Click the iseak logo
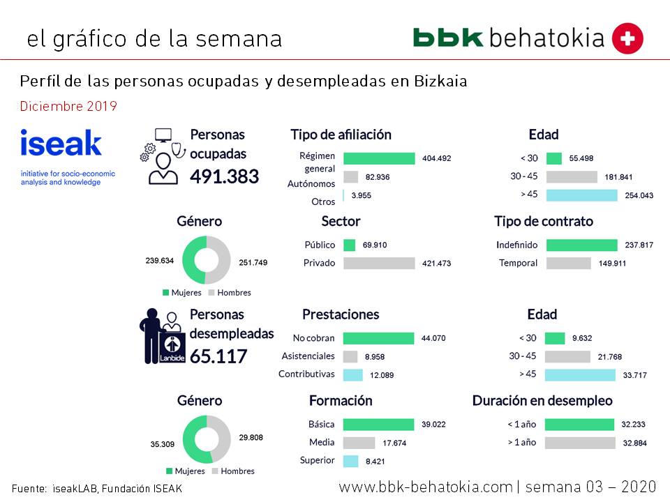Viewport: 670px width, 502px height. click(61, 143)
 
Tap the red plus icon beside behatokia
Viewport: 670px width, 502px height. click(627, 38)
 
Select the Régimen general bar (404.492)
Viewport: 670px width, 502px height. click(379, 158)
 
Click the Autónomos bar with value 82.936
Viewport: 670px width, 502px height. click(351, 177)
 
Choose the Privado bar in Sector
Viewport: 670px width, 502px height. click(379, 263)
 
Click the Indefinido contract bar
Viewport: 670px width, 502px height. click(581, 245)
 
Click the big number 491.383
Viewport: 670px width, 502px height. click(224, 176)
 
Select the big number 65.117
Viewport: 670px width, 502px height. click(218, 356)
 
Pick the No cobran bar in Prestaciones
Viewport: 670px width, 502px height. click(378, 338)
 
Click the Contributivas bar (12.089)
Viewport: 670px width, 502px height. click(353, 374)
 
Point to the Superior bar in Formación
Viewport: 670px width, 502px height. click(351, 461)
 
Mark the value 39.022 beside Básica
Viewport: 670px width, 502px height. click(433, 425)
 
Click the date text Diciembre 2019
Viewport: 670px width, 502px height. click(68, 107)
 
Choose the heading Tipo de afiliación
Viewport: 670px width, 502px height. click(341, 135)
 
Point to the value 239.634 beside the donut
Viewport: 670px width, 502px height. click(159, 262)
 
